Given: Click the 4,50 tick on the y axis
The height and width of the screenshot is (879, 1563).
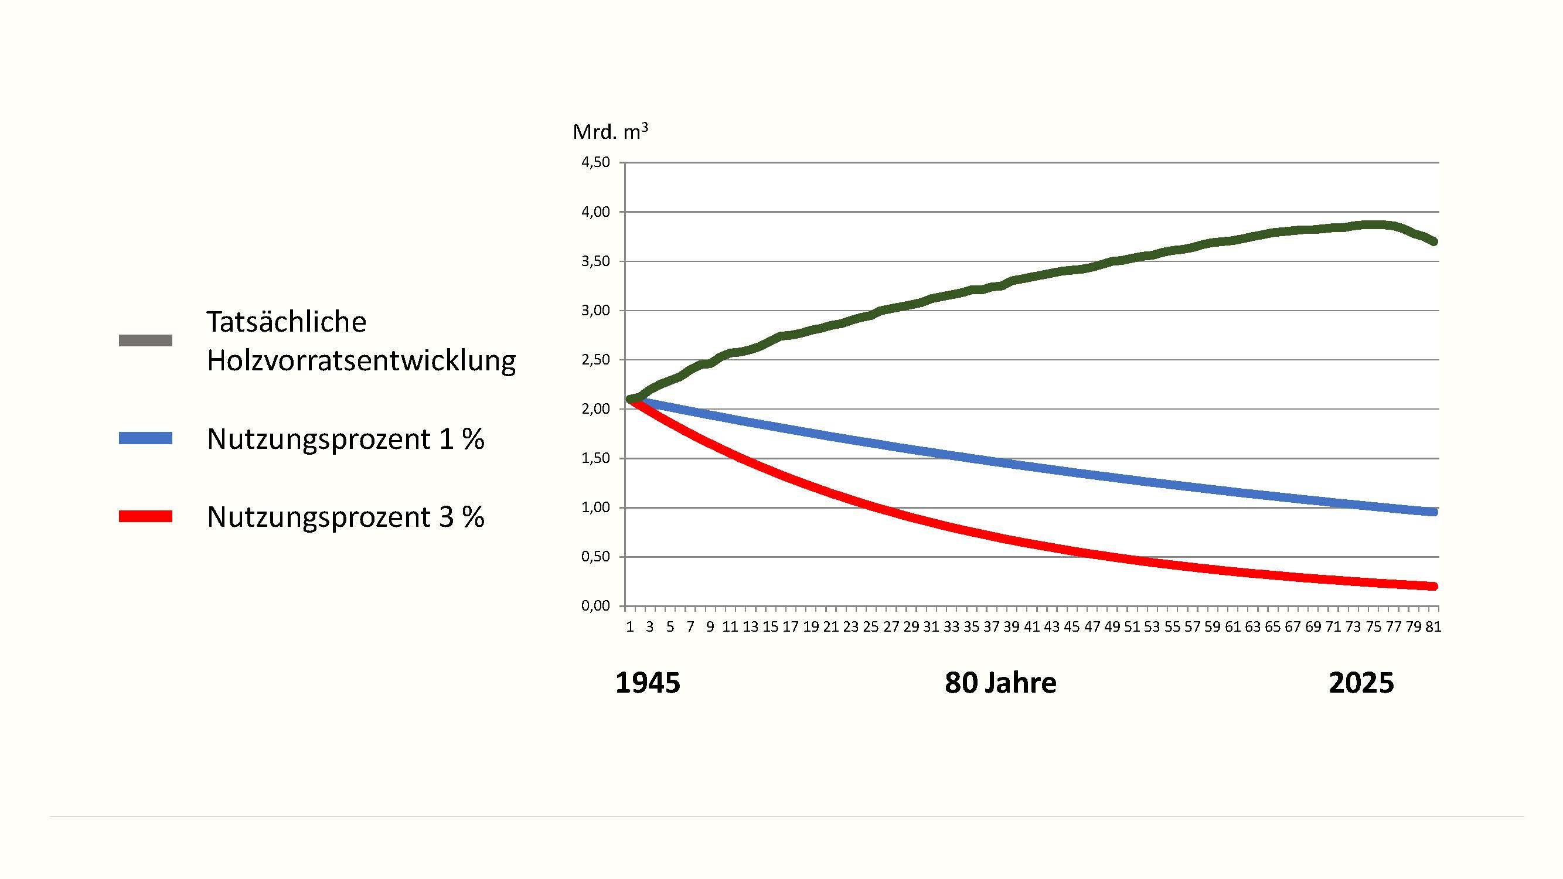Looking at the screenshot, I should (595, 162).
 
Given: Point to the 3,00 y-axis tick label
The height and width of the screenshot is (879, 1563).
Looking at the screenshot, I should (595, 311).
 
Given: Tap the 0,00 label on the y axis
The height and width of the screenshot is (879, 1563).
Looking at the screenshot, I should (595, 606).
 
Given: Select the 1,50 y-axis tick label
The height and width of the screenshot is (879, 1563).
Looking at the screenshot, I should (595, 459).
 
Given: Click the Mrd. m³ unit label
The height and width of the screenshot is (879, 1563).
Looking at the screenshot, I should (610, 132).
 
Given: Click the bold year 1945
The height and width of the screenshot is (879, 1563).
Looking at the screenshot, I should (648, 683).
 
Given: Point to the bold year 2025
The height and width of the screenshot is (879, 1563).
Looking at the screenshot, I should (1361, 683).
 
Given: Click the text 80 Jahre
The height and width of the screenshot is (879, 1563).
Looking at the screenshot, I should (1000, 683).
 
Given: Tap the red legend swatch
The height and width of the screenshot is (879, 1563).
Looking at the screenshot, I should (145, 517).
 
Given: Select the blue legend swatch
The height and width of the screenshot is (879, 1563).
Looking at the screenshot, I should (145, 438).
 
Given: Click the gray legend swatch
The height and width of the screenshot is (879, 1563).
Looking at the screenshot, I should (145, 340).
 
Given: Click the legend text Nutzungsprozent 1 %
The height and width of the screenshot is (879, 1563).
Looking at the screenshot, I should (346, 439).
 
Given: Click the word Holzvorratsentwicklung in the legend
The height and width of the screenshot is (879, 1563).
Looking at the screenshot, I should (362, 360).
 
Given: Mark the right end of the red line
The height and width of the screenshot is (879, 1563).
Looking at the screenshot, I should (1433, 586).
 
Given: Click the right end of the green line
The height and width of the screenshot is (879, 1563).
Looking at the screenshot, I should (1433, 241).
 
